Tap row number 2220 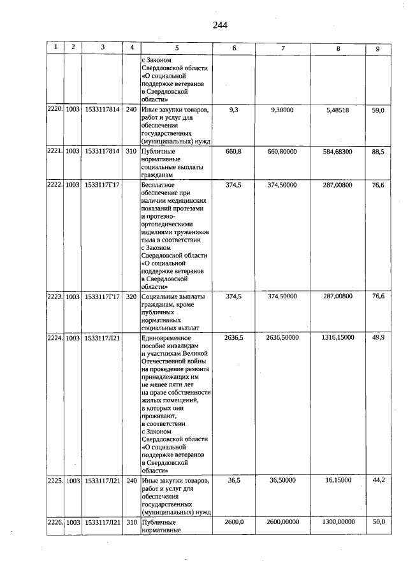(55, 110)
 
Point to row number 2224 (55, 337)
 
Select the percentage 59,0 (378, 110)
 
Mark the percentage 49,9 (378, 337)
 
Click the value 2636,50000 (282, 337)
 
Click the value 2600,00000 (282, 522)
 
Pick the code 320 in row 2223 (131, 296)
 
